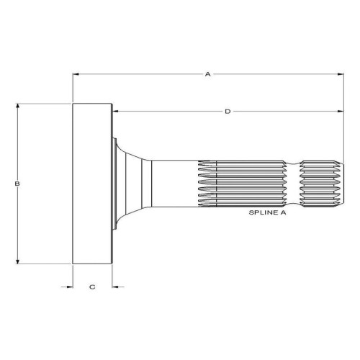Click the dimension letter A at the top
coord(207,74)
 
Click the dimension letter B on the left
coord(17,184)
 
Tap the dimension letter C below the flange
coord(92,287)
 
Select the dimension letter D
coord(228,112)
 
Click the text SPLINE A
coord(267,212)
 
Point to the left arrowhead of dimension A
coord(76,74)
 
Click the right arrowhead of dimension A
coord(341,74)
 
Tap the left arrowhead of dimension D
coord(115,111)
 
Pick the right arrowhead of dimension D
coord(341,111)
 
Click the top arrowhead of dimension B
coord(17,107)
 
